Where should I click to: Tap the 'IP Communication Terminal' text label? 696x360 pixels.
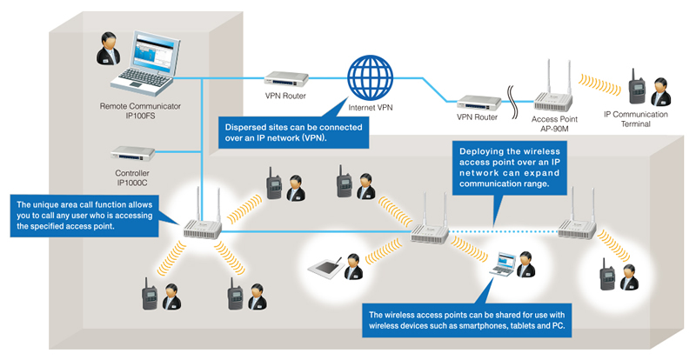[x=636, y=119]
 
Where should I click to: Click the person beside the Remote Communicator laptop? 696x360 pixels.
[x=110, y=53]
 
